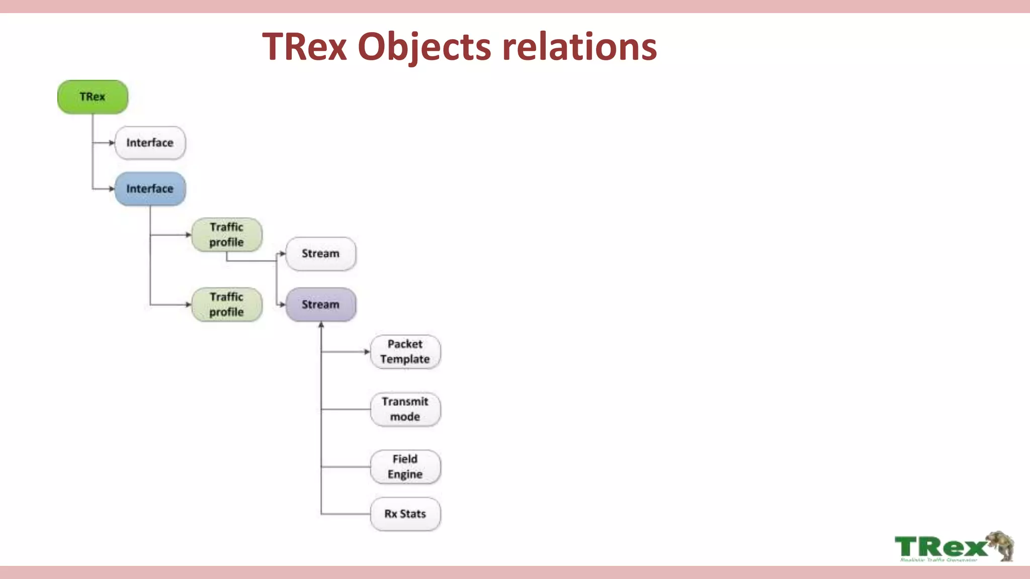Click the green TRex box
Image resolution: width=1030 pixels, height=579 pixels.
point(93,96)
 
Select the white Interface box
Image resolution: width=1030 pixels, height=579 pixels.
point(150,143)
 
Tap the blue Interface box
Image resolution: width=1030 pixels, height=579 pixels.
point(150,189)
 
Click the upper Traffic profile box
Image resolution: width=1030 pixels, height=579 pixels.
point(226,235)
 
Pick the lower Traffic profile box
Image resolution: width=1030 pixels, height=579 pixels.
point(226,305)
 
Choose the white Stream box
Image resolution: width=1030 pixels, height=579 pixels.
point(320,254)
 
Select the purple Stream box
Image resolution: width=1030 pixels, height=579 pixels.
point(320,305)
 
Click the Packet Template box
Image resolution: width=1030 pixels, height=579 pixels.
point(405,352)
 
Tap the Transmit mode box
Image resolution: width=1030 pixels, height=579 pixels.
point(405,409)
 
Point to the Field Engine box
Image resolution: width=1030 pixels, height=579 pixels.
point(405,467)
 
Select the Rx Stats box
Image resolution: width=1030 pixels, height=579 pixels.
point(405,514)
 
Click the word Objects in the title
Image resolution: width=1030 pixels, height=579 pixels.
point(424,47)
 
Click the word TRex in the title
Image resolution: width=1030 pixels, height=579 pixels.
point(305,47)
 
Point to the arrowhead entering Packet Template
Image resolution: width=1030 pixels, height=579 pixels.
point(367,352)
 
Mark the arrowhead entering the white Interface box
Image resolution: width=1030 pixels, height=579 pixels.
point(112,143)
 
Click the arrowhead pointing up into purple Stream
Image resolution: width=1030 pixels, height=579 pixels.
point(321,325)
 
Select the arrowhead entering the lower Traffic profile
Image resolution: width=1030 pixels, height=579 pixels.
point(188,305)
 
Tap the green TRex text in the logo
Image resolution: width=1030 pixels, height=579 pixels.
point(940,546)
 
